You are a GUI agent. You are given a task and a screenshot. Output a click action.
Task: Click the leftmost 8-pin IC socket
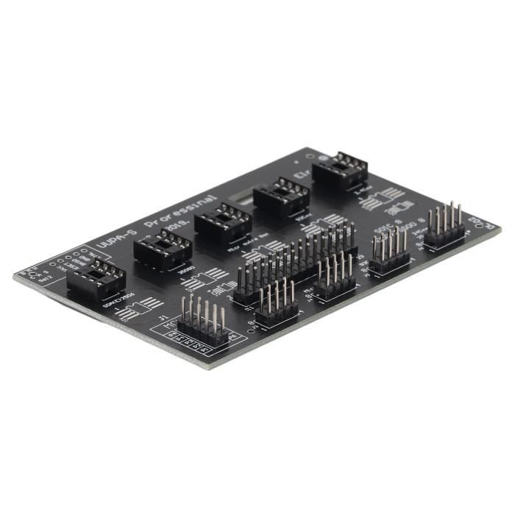point(96,279)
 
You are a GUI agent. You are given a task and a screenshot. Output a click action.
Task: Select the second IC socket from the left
point(163,249)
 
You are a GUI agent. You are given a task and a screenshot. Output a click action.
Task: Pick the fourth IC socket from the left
point(281,196)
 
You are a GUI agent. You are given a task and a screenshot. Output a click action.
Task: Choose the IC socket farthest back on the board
point(340,171)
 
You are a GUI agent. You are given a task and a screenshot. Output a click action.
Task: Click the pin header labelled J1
point(202,324)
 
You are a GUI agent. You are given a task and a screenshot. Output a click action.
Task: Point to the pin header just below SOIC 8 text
point(389,252)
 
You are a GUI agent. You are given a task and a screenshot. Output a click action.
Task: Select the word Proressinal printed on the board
point(182,210)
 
